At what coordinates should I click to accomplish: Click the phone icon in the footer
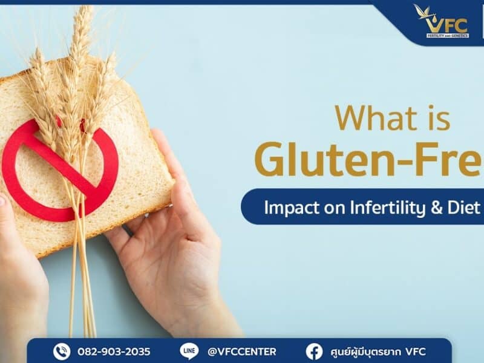point(62,351)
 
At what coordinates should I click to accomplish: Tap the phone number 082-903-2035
point(114,352)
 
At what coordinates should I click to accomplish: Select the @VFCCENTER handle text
point(241,352)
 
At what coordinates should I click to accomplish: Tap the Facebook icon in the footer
point(314,351)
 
